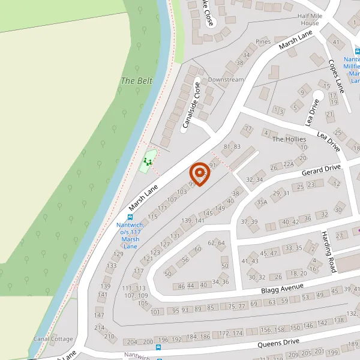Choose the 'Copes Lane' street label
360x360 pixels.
(337, 76)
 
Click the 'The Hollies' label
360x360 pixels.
(289, 139)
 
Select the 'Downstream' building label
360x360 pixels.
(226, 80)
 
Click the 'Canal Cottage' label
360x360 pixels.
(53, 339)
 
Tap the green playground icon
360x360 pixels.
(148, 161)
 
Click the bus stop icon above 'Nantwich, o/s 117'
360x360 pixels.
(130, 218)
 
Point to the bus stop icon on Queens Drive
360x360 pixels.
(158, 347)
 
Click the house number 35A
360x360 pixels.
(262, 203)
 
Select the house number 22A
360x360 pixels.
(289, 164)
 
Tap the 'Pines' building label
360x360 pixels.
(263, 41)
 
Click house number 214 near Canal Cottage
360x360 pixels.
(100, 327)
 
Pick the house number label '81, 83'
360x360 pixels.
(232, 146)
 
